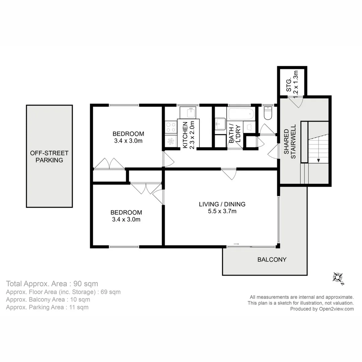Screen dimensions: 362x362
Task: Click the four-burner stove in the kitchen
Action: (x=171, y=127)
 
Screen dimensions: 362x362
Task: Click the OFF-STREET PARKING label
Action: (x=49, y=157)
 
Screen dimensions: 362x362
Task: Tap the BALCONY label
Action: (x=272, y=259)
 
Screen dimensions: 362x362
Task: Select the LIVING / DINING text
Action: (x=222, y=204)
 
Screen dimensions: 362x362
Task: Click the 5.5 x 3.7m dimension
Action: (x=222, y=211)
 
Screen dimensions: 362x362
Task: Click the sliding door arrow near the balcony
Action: (x=236, y=244)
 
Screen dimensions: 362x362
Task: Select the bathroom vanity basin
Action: (x=220, y=124)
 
